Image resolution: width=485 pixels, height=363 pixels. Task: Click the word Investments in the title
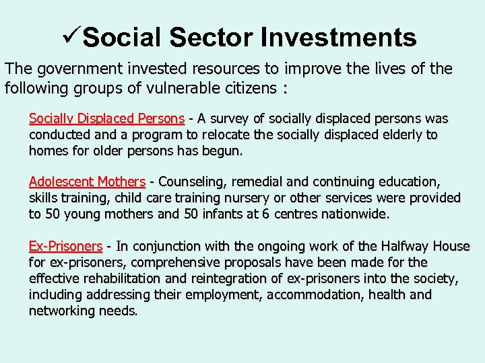(x=339, y=38)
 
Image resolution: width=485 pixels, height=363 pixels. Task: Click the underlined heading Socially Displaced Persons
(x=106, y=119)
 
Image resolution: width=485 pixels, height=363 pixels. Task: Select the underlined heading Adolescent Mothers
(x=87, y=182)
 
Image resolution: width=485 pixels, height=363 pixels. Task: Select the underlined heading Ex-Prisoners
(x=65, y=246)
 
